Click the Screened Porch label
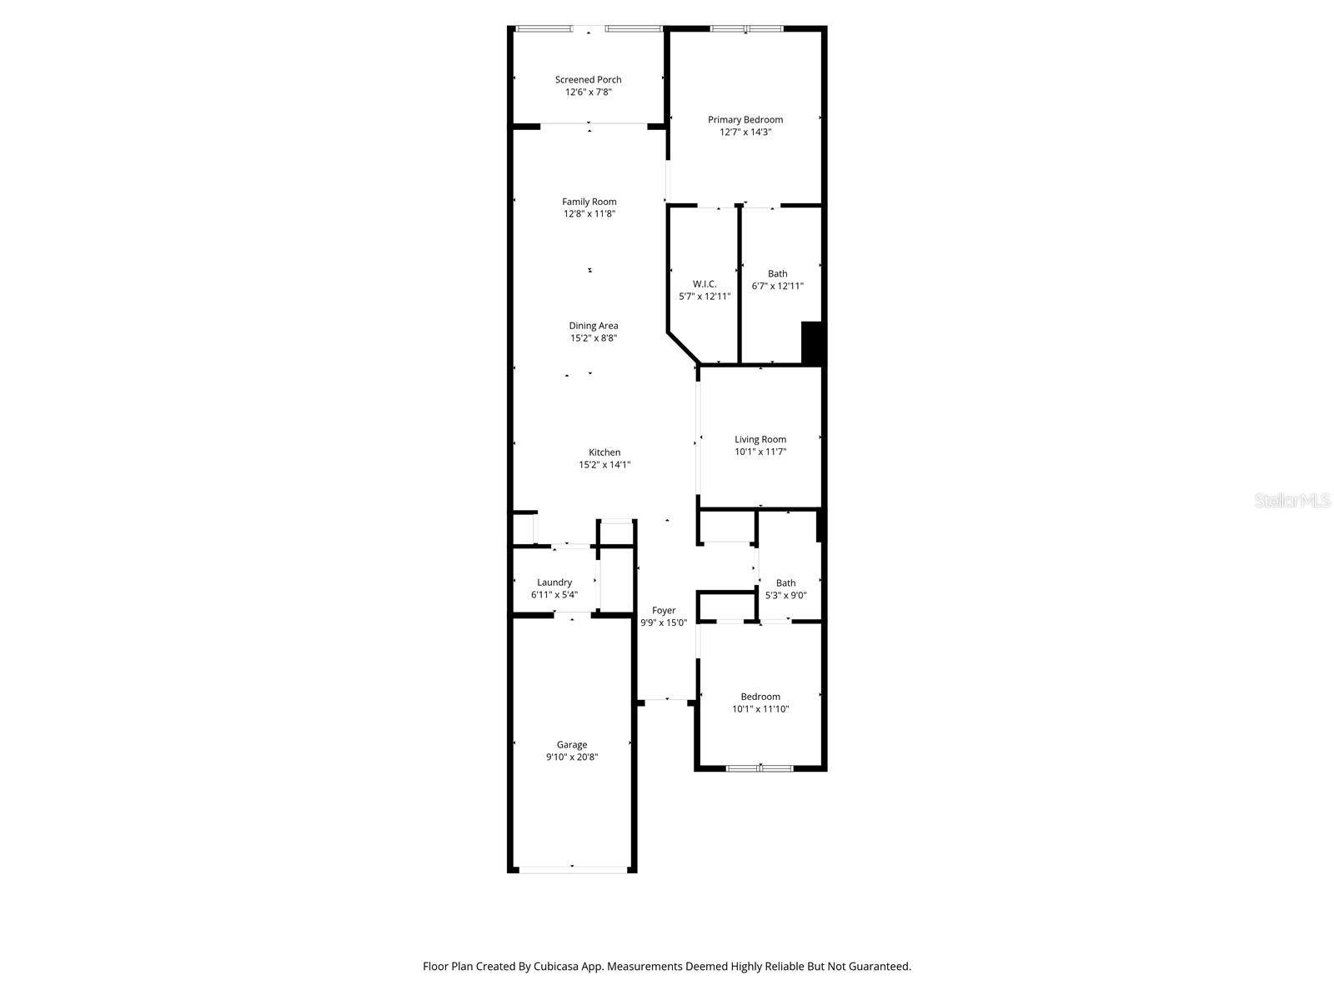(x=588, y=80)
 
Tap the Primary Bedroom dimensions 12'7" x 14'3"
(x=745, y=132)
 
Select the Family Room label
(x=589, y=202)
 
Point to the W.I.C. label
(x=705, y=284)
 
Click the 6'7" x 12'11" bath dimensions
(x=777, y=286)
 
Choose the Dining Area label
(x=594, y=326)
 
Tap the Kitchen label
(x=604, y=452)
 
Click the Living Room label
(x=760, y=439)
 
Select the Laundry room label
(x=554, y=582)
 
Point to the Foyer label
(x=664, y=611)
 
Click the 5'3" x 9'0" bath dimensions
(x=785, y=595)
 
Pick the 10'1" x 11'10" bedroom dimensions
(x=760, y=709)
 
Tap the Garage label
(x=572, y=745)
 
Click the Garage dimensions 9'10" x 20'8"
(x=572, y=757)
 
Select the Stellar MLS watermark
(x=1291, y=501)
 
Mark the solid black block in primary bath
(x=812, y=342)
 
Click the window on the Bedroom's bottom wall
(x=760, y=767)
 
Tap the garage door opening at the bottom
(x=572, y=869)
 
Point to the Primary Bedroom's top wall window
(x=747, y=29)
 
